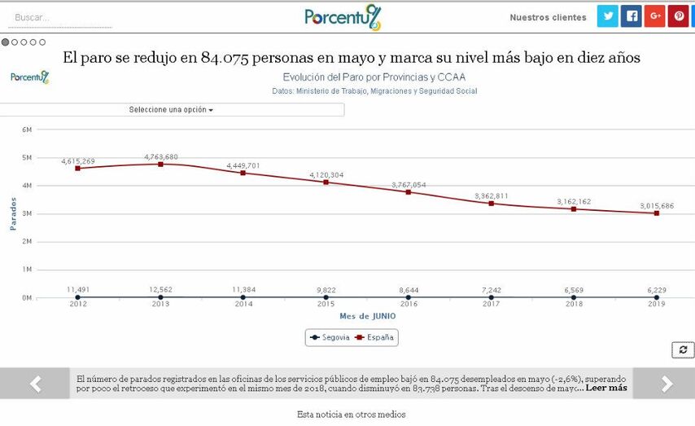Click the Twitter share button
[607, 17]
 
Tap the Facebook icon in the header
[631, 17]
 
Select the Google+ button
[654, 17]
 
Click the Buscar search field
[61, 17]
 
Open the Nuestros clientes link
[548, 17]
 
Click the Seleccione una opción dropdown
[171, 109]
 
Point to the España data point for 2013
[160, 164]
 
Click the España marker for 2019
[656, 213]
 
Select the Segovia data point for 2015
[326, 297]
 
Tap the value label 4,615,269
[78, 161]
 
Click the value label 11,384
[243, 289]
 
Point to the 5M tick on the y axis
[27, 158]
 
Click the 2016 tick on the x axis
[409, 305]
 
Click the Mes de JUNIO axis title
[368, 315]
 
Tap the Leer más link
[605, 388]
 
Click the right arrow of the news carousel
[665, 384]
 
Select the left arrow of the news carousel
[35, 384]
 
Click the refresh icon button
[682, 349]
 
